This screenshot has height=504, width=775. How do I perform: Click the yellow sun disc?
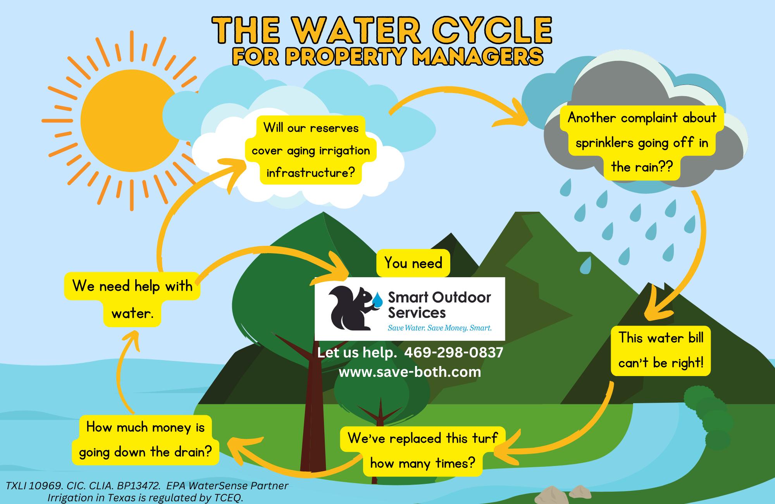coord(126,118)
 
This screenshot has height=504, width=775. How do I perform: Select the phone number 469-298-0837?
coord(453,352)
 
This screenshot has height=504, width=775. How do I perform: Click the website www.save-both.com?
coord(410,372)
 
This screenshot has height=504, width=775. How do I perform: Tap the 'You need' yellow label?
coord(413,263)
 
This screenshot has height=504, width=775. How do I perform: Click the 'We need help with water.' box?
coord(132,299)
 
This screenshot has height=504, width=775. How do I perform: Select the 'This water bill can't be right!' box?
coord(661,350)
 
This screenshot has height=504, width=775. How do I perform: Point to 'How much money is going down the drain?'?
coord(145,440)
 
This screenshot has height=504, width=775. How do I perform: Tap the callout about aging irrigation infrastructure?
coord(311,150)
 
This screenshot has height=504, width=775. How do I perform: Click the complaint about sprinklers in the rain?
coord(642,142)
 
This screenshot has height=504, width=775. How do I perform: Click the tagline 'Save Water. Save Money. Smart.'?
coord(439,328)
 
